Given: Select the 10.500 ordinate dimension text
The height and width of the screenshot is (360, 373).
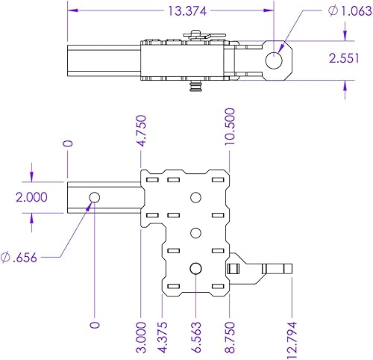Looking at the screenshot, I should pyautogui.click(x=229, y=128).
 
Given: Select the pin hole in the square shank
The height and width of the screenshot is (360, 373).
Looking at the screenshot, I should pyautogui.click(x=94, y=197).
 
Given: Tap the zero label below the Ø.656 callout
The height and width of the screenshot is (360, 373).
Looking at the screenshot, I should pyautogui.click(x=94, y=325).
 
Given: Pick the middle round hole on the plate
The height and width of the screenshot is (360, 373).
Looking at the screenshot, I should pyautogui.click(x=195, y=232).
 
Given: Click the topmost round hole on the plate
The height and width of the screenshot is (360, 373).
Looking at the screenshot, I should pyautogui.click(x=195, y=197).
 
